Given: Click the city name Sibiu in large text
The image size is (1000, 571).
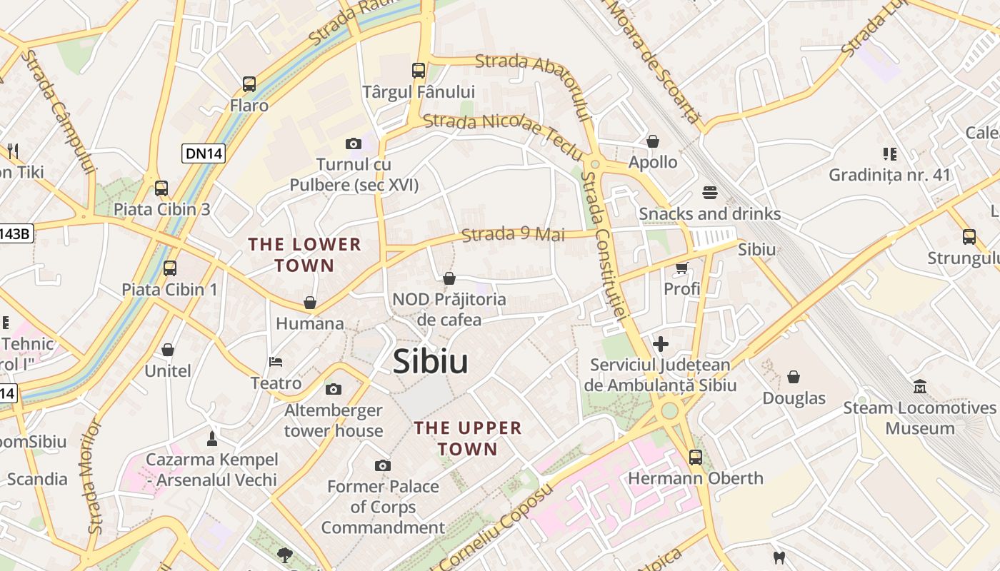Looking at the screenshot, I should pos(431,361).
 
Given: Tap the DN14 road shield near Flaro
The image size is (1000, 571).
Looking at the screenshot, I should pos(204,153).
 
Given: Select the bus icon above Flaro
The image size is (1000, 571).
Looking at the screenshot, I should pos(249,84).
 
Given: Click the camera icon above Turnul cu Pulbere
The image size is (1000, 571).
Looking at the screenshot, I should pos(353,144).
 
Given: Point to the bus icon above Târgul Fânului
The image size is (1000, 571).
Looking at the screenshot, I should pos(419,71).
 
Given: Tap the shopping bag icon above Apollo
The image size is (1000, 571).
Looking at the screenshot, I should pos(652,142).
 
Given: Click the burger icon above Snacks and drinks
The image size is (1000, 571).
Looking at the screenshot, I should pos(709,192).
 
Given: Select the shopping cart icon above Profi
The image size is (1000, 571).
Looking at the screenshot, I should pos(681,268).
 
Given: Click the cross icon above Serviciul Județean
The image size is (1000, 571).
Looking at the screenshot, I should pos(660,344).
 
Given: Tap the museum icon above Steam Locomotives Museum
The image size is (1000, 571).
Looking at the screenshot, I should pos(920,387).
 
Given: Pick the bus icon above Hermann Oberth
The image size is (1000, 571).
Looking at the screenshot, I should pos(695,457).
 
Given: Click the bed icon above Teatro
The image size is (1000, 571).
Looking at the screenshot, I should pos(276,362).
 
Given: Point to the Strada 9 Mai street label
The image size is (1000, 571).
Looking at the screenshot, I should pos(513,234).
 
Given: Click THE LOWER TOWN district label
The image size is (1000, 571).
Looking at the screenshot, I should pos(305,255).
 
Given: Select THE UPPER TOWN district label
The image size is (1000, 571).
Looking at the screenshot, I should pos(468,438).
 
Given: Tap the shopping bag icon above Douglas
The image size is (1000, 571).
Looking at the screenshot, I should pos(794,377).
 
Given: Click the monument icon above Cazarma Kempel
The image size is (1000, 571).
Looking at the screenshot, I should pos(211,438).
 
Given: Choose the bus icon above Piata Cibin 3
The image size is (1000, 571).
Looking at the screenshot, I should pos(161,188).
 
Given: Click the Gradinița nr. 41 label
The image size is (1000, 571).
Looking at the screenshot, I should pos(889,175).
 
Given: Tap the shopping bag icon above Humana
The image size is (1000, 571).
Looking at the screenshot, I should pos(310,303).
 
